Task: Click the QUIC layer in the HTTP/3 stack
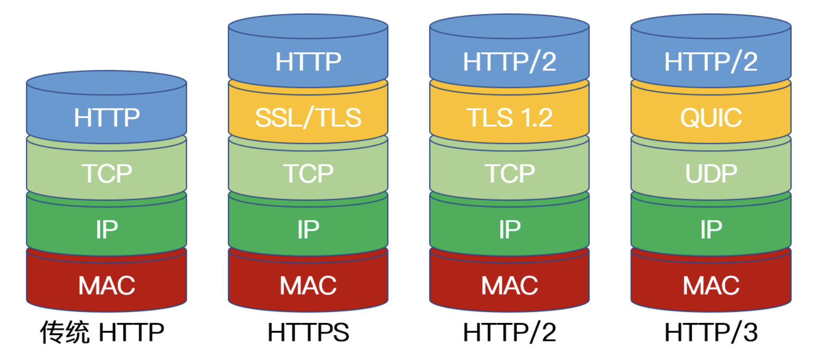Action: [x=711, y=117]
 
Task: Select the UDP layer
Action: [x=711, y=173]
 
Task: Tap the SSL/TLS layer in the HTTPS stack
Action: [x=308, y=117]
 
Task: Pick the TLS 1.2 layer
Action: [x=509, y=117]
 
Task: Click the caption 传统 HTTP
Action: [x=102, y=332]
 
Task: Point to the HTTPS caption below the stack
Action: [x=308, y=332]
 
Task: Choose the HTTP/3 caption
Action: [x=711, y=332]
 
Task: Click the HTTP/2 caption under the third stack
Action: [x=509, y=332]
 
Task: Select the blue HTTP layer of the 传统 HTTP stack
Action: [x=107, y=117]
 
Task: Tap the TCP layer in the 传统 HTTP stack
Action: [x=107, y=173]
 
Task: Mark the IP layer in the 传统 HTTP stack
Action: [x=107, y=229]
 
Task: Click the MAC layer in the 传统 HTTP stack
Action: [x=107, y=286]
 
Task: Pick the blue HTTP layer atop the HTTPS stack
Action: [x=308, y=61]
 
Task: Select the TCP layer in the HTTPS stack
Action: [x=308, y=173]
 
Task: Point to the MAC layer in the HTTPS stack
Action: [x=308, y=286]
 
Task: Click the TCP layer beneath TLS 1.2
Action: [x=509, y=173]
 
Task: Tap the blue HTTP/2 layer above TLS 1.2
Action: [x=509, y=61]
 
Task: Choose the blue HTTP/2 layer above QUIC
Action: [x=711, y=61]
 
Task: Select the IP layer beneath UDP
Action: [x=711, y=229]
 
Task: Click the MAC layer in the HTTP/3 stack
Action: [x=711, y=286]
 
